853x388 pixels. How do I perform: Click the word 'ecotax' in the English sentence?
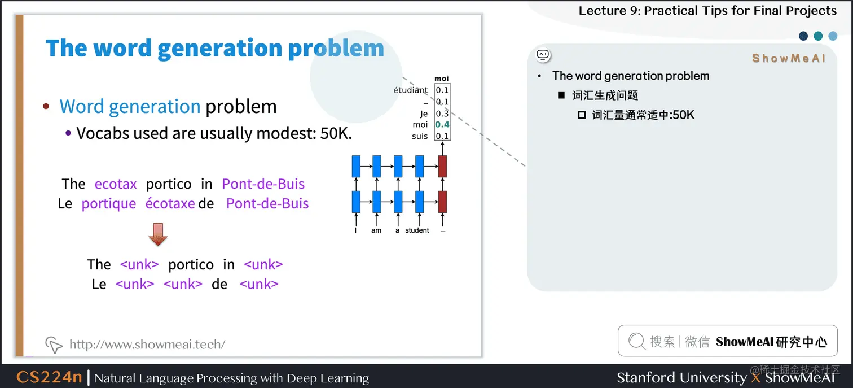coord(116,184)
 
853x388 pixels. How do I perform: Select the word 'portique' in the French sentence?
coord(109,203)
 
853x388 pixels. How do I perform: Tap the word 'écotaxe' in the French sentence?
coord(170,203)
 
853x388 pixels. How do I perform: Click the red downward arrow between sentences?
coord(158,234)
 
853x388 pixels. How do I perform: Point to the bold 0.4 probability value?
coord(442,124)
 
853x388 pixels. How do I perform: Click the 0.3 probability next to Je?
coord(442,114)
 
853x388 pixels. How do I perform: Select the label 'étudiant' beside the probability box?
coord(411,90)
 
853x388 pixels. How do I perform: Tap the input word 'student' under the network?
coord(417,230)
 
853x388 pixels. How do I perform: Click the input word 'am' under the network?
coord(376,230)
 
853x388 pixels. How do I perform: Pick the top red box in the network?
coord(442,167)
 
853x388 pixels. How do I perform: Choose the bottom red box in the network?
coord(442,202)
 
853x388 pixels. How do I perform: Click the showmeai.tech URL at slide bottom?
coord(147,344)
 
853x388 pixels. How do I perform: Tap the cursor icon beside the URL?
coord(54,344)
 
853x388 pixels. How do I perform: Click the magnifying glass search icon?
coord(636,341)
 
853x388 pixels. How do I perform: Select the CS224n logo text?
coord(49,377)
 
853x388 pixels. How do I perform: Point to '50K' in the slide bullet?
coord(332,133)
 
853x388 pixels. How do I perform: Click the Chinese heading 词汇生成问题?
coord(605,95)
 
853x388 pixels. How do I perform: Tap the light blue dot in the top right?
coord(833,36)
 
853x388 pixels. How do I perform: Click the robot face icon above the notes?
coord(543,55)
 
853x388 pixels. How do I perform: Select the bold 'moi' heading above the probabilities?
coord(442,79)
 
